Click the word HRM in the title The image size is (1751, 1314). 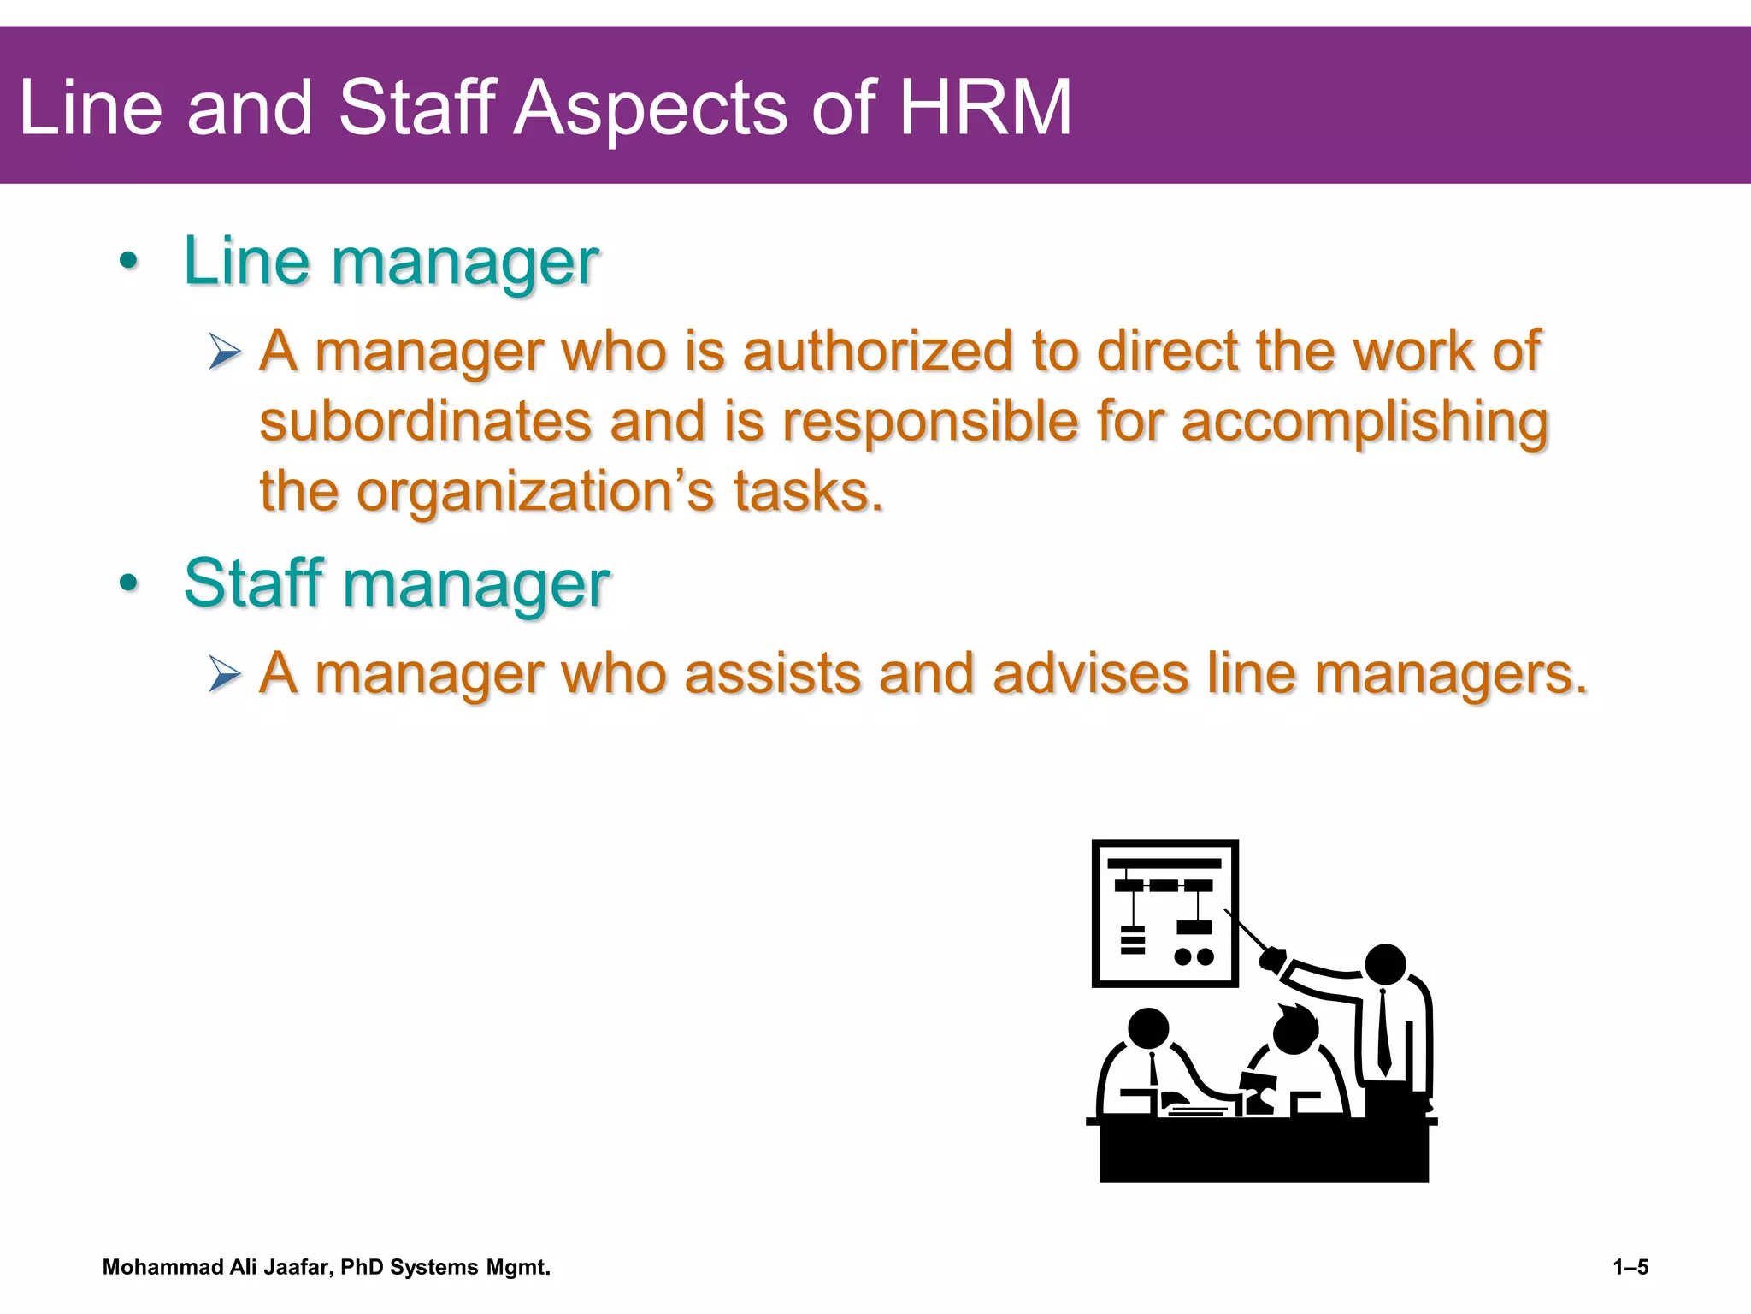pos(985,108)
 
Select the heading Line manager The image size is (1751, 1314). pos(391,261)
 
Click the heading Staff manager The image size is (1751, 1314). pos(397,583)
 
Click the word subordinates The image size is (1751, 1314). pos(426,422)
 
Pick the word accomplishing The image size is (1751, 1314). pos(1365,423)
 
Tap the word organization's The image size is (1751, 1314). pos(534,492)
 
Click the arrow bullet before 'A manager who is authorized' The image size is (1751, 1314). pos(225,352)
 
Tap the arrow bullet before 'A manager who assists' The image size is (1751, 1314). pos(225,675)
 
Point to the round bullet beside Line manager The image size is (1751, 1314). pos(128,262)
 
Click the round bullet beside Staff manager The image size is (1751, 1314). pos(128,584)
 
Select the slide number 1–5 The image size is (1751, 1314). pos(1630,1267)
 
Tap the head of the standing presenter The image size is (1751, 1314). pos(1385,965)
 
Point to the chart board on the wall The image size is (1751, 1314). pos(1164,913)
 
